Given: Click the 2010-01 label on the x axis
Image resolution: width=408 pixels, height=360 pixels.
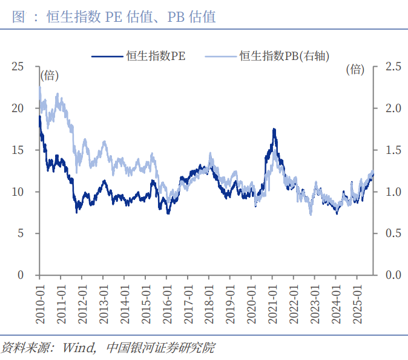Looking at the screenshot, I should (40, 297).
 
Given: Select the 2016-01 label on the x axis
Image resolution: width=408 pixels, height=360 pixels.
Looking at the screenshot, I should (166, 297).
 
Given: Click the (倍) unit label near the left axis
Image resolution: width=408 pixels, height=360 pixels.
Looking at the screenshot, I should (50, 76).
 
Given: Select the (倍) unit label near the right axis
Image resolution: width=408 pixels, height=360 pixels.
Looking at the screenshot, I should (355, 69).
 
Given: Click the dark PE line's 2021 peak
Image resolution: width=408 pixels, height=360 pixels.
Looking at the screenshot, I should (274, 129).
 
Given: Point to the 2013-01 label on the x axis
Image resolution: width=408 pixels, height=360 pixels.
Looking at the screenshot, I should (104, 297).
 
